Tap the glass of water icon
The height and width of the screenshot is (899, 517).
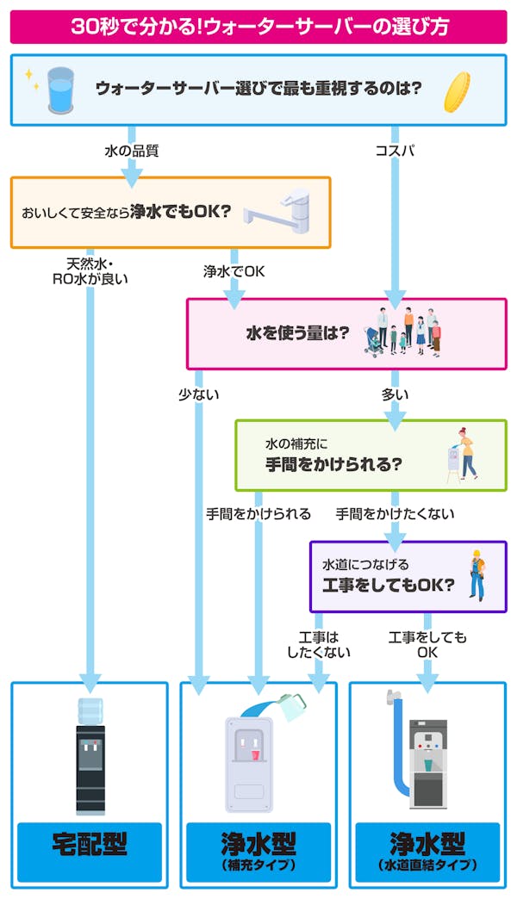pyautogui.click(x=60, y=90)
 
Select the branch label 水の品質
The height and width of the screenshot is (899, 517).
pyautogui.click(x=131, y=152)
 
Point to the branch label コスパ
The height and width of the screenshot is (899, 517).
pyautogui.click(x=395, y=152)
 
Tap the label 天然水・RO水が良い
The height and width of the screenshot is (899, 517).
pyautogui.click(x=90, y=270)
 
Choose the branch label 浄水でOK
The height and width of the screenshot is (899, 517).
pyautogui.click(x=234, y=271)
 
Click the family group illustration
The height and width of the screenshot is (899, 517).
pyautogui.click(x=405, y=331)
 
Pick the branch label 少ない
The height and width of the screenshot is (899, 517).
pyautogui.click(x=198, y=395)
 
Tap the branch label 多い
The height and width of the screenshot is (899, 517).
pyautogui.click(x=395, y=395)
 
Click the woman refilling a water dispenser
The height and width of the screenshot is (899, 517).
pyautogui.click(x=461, y=455)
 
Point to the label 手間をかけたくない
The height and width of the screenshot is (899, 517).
pyautogui.click(x=395, y=514)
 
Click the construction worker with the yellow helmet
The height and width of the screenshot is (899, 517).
pyautogui.click(x=476, y=574)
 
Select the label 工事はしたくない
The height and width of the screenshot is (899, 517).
pyautogui.click(x=318, y=644)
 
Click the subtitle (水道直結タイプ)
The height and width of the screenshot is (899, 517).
pyautogui.click(x=427, y=865)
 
